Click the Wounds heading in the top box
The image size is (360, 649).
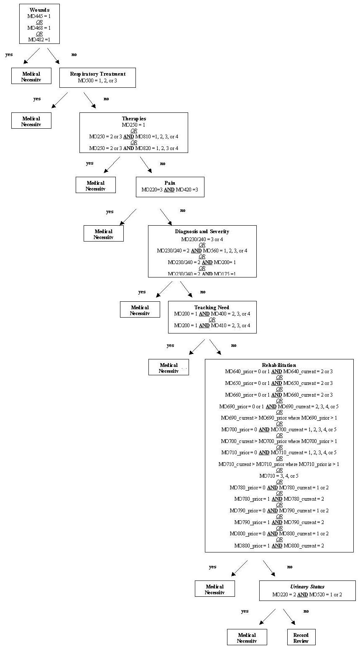(39, 10)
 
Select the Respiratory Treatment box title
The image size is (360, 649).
(97, 74)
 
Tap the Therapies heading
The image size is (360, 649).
(134, 119)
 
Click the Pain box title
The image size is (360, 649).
(170, 183)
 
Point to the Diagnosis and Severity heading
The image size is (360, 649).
(202, 232)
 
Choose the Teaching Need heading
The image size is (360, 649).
(212, 308)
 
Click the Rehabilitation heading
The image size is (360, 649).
(279, 365)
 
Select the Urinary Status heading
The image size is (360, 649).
(307, 587)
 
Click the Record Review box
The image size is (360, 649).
(301, 638)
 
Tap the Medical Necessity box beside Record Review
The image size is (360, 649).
(247, 638)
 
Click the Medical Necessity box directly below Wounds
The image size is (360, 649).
(31, 76)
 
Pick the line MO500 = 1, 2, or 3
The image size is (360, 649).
(97, 80)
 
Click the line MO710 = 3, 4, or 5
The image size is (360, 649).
(279, 476)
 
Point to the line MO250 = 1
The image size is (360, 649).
(134, 125)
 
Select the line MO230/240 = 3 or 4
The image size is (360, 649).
(202, 239)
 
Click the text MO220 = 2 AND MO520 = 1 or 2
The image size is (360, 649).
(307, 594)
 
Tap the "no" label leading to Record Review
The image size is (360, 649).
(306, 611)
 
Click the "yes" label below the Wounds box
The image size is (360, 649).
(9, 54)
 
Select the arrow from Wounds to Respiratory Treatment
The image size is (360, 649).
(53, 56)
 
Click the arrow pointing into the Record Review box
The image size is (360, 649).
(289, 616)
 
